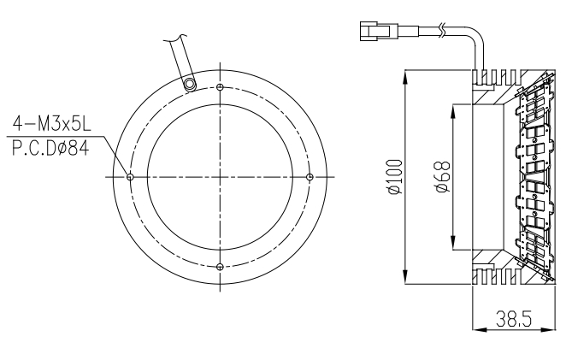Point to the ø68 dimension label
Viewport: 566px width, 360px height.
pyautogui.click(x=443, y=177)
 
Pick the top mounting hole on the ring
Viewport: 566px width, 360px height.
pyautogui.click(x=221, y=87)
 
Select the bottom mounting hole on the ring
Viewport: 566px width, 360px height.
pyautogui.click(x=221, y=267)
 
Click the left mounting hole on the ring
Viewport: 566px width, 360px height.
pyautogui.click(x=130, y=177)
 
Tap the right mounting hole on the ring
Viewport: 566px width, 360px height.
pyautogui.click(x=310, y=177)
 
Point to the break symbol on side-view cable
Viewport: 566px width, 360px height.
pyautogui.click(x=439, y=32)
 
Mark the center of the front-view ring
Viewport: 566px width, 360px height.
pyautogui.click(x=221, y=177)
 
